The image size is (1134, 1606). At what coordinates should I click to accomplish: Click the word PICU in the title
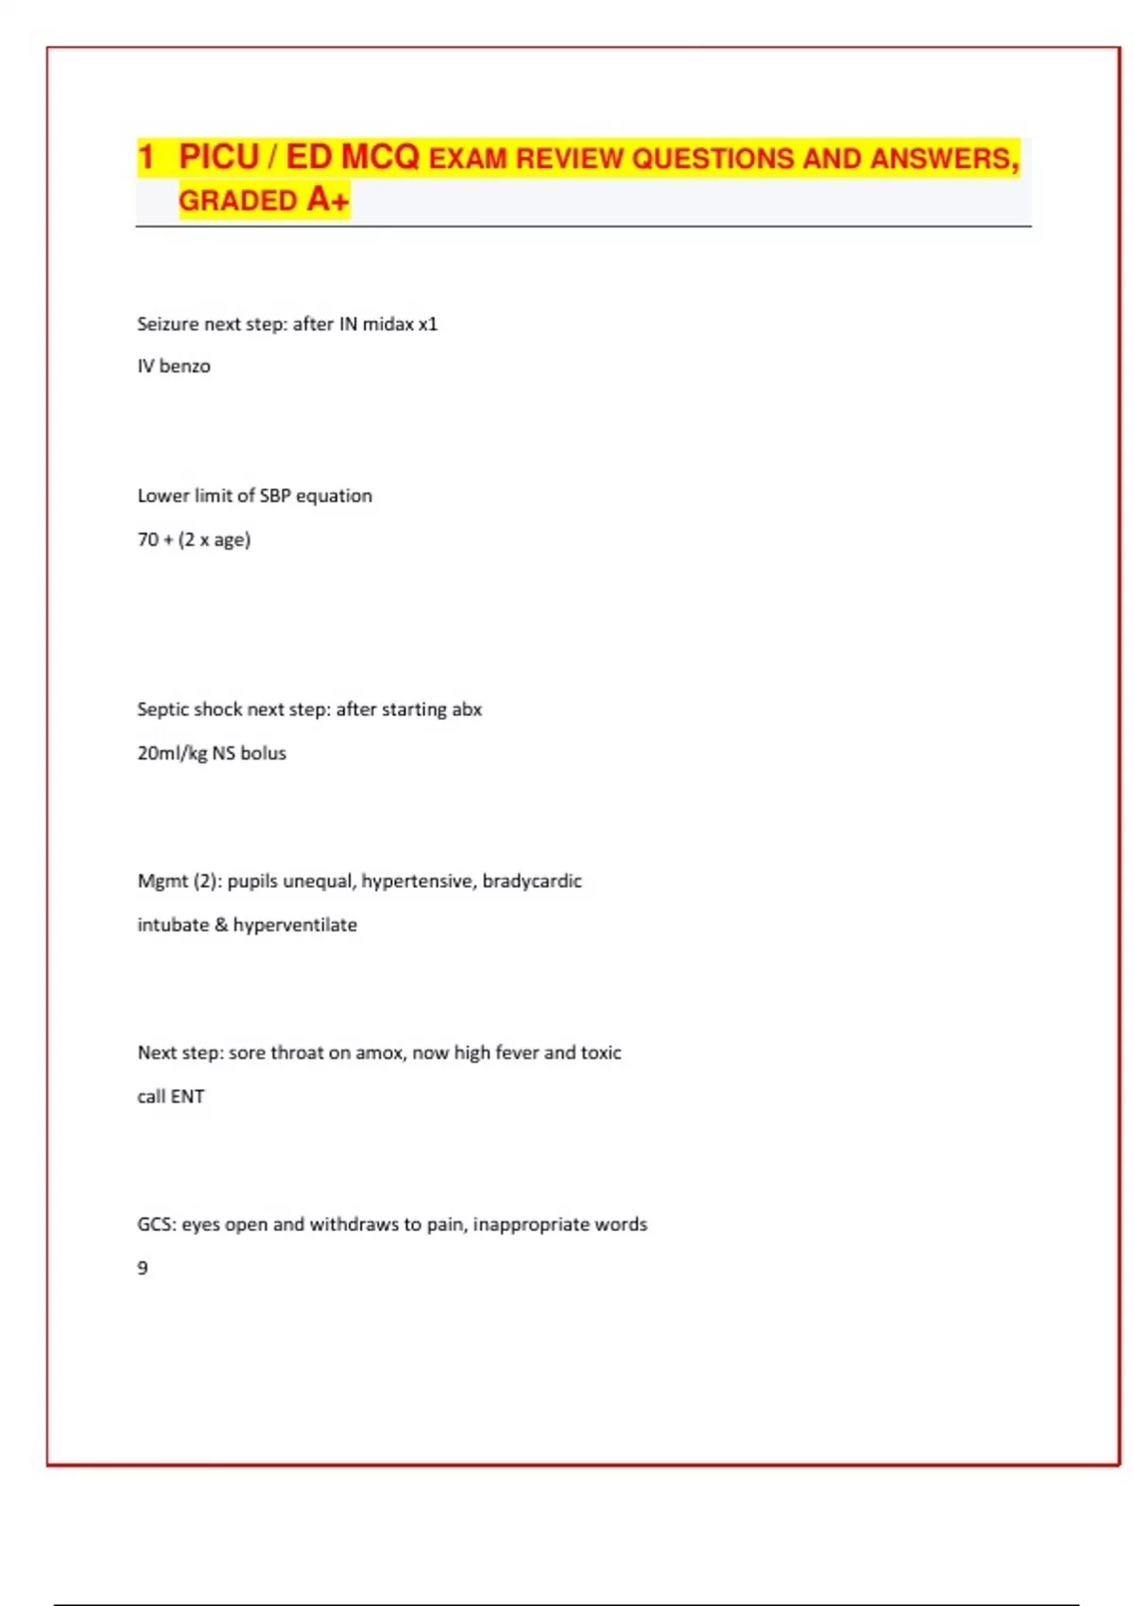tap(218, 157)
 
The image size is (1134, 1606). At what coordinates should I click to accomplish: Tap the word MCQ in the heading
tap(379, 157)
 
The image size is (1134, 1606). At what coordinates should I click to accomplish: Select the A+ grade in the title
tap(328, 200)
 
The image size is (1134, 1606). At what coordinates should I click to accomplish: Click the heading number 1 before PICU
tap(146, 157)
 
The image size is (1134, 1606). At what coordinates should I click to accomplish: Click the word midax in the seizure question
tap(387, 324)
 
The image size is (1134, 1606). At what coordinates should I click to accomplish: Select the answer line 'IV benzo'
tap(174, 367)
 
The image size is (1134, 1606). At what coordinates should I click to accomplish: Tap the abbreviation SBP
tap(275, 496)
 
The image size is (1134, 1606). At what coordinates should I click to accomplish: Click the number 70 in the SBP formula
tap(148, 539)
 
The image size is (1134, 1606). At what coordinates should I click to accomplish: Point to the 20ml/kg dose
tap(172, 754)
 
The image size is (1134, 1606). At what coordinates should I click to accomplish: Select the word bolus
tap(263, 754)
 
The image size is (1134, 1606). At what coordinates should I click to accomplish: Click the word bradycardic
tap(532, 881)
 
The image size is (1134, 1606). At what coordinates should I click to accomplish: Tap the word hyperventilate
tap(295, 926)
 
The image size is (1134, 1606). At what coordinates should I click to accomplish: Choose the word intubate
tap(173, 925)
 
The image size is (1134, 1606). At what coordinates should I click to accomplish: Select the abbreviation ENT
tap(187, 1097)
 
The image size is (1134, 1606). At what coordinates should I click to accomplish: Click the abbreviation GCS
tap(157, 1224)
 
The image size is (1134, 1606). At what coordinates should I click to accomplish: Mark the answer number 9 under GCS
tap(143, 1268)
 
